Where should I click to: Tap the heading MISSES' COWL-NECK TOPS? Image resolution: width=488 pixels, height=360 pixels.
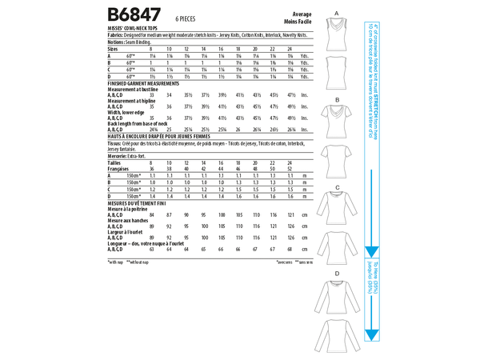coord(130,29)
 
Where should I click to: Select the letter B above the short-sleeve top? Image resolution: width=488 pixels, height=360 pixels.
coord(338,100)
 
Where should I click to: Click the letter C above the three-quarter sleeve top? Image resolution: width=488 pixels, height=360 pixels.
coord(338,186)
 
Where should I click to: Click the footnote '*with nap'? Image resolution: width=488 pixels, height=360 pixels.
coord(115,261)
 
